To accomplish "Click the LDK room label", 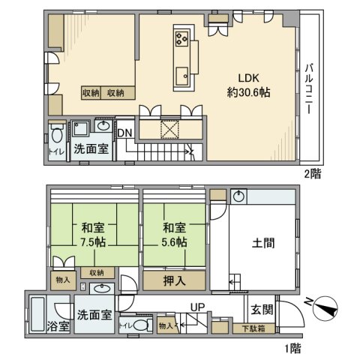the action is pos(248,78).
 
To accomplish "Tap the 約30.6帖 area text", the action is pos(248,93).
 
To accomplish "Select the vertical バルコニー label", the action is pos(310,88).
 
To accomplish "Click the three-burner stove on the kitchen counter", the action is pos(181,38).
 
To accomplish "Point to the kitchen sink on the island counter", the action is pos(181,76).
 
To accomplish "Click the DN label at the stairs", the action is pos(124,133).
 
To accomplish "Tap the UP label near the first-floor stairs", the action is pos(197,307).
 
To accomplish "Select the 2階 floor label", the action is pos(312,173).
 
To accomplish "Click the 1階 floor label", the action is pos(293,348).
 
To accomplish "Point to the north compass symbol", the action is pos(325,308).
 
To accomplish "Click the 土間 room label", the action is pos(263,243).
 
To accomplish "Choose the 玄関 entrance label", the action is pos(262,310).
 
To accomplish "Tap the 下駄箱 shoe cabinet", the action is pos(253,328).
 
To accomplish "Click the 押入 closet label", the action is pos(174,280).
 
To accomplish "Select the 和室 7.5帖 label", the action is pos(93,235).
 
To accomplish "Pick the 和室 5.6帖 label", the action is pos(174,235).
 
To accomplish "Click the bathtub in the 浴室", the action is pos(37,314).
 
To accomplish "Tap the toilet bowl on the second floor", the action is pos(57,135).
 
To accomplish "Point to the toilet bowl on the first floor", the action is pos(141,325).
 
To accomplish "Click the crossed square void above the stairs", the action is pos(169,130).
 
